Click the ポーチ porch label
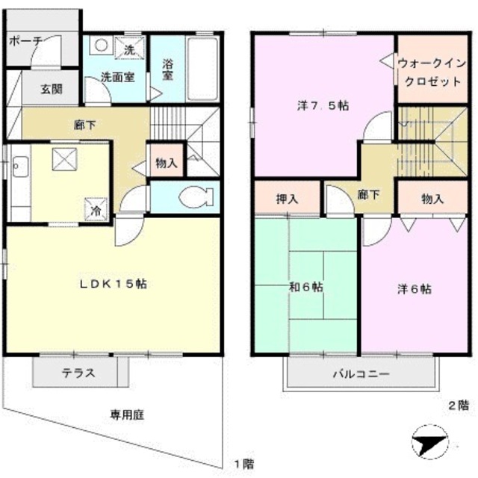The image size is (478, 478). pyautogui.click(x=25, y=41)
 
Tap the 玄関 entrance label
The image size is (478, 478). pyautogui.click(x=52, y=90)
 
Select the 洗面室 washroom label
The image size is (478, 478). pyautogui.click(x=118, y=76)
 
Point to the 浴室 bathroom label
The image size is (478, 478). pyautogui.click(x=167, y=70)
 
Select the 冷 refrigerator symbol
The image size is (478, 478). pyautogui.click(x=98, y=210)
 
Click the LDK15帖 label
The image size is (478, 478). pyautogui.click(x=114, y=284)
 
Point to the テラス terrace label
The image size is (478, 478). pyautogui.click(x=78, y=373)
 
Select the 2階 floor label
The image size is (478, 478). pyautogui.click(x=458, y=405)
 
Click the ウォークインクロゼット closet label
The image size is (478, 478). pyautogui.click(x=429, y=72)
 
